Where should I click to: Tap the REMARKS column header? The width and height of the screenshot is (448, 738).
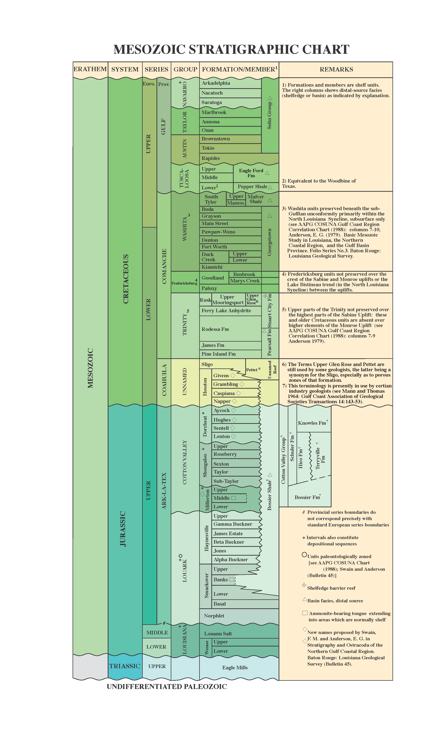[x=336, y=69]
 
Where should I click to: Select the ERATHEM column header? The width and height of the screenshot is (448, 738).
[x=90, y=69]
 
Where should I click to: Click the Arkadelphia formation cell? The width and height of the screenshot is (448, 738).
[x=216, y=83]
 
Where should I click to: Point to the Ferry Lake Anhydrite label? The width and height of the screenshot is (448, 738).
[x=226, y=311]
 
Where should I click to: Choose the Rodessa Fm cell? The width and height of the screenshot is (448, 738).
[x=215, y=329]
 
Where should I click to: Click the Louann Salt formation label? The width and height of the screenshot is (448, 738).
[x=218, y=633]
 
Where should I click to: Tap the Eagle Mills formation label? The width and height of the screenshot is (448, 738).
[x=235, y=667]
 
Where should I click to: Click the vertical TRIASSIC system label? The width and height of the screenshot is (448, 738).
[x=125, y=666]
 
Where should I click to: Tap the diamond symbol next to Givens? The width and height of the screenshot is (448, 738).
[x=233, y=375]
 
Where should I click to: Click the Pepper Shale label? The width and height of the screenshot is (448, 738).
[x=252, y=187]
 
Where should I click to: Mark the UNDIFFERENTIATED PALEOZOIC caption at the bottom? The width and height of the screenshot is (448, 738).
[x=167, y=687]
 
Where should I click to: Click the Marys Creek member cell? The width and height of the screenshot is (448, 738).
[x=245, y=281]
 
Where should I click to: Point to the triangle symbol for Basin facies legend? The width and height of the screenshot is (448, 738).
[x=305, y=599]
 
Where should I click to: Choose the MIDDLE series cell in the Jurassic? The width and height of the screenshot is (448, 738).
[x=157, y=633]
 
